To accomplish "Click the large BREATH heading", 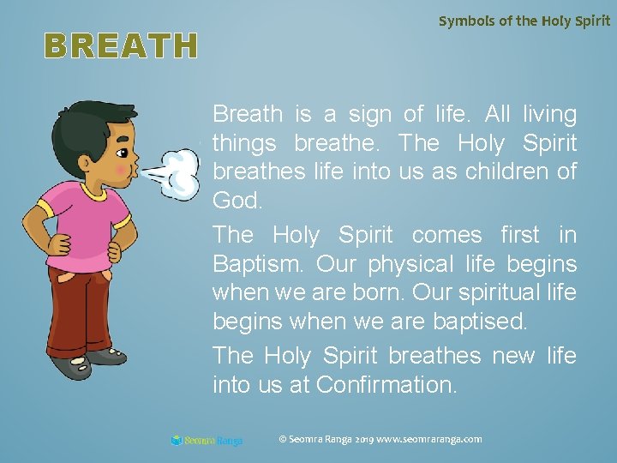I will pos(121,46).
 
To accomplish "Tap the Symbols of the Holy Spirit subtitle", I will pos(524,20).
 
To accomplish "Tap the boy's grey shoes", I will pos(86,360).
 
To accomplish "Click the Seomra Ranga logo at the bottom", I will pos(207,441).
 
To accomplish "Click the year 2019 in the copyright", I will pos(359,439).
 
